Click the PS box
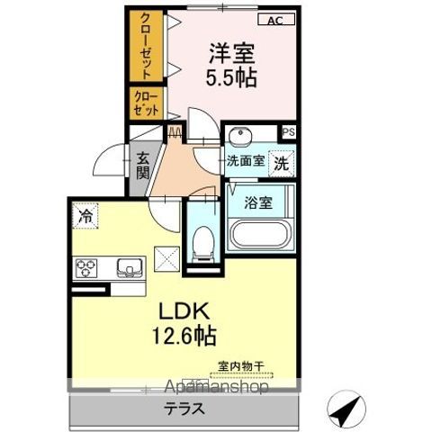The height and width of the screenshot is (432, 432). pyautogui.click(x=287, y=131)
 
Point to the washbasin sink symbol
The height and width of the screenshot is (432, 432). pyautogui.click(x=239, y=137)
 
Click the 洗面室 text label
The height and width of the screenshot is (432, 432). pyautogui.click(x=244, y=162)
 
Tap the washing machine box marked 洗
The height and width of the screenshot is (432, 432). pyautogui.click(x=282, y=164)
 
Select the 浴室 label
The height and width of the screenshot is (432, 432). pyautogui.click(x=260, y=202)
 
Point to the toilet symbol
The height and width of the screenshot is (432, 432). pyautogui.click(x=202, y=241)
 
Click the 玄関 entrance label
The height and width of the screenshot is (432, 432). pyautogui.click(x=143, y=166)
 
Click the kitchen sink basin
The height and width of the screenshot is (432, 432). pyautogui.click(x=128, y=267)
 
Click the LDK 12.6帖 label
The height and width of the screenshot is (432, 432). pyautogui.click(x=186, y=325)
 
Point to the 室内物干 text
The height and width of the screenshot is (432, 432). pyautogui.click(x=240, y=366)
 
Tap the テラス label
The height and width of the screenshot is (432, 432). pyautogui.click(x=183, y=406)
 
